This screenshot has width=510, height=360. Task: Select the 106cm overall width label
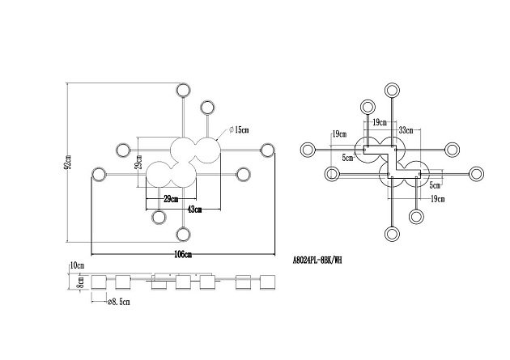tap(182, 254)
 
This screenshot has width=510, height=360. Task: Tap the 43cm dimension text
tap(193, 210)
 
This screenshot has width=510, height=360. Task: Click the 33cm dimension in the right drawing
tap(406, 129)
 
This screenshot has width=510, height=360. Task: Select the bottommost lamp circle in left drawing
tap(182, 235)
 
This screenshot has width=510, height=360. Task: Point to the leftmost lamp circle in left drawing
tap(100, 173)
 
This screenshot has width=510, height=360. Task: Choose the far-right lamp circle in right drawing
tap(478, 172)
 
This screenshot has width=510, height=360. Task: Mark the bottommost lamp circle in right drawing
tap(393, 235)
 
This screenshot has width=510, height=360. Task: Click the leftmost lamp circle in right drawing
tap(308, 149)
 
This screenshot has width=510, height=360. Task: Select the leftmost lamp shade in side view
tap(99, 282)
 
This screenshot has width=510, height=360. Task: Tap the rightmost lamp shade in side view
tap(268, 282)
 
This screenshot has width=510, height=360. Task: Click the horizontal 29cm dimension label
tap(171, 198)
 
